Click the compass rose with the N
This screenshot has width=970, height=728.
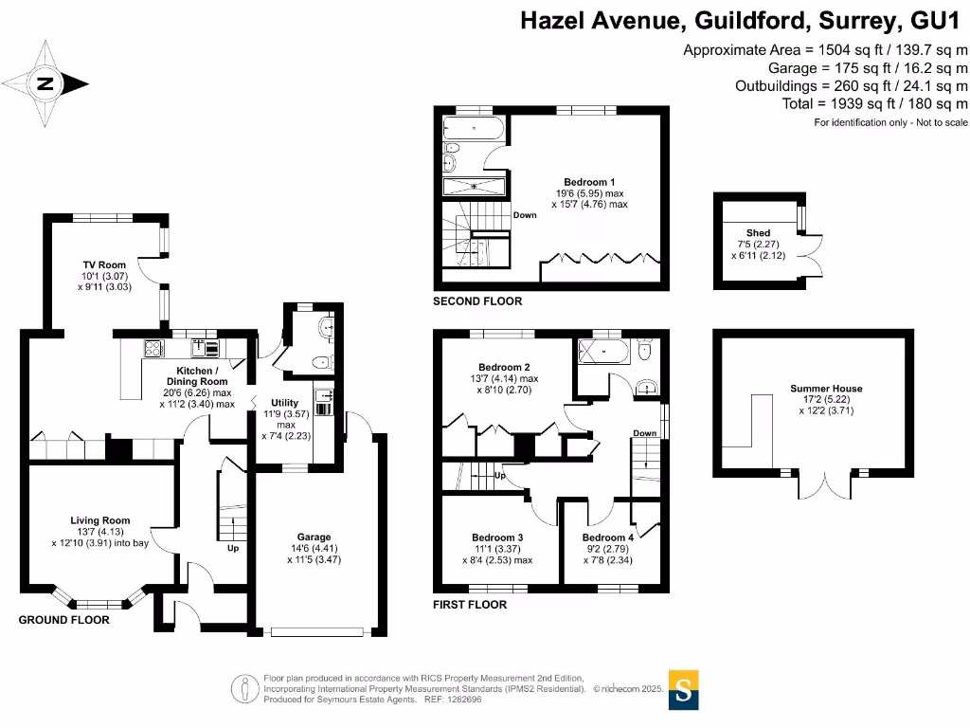(x=45, y=84)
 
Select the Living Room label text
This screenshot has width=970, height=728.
(x=99, y=520)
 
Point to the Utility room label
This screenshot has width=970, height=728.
(x=284, y=403)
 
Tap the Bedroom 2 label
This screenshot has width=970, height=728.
(x=504, y=367)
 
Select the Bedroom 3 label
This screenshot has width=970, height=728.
(x=497, y=537)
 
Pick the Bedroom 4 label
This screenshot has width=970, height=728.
(x=607, y=537)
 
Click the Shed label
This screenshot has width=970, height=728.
(x=758, y=232)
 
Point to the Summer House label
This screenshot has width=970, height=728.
(x=826, y=389)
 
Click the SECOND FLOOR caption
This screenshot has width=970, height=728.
(x=476, y=301)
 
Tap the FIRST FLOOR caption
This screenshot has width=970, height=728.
(x=469, y=605)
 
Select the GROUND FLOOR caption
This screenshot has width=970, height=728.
(x=64, y=620)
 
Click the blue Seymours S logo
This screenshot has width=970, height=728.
(x=685, y=689)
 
